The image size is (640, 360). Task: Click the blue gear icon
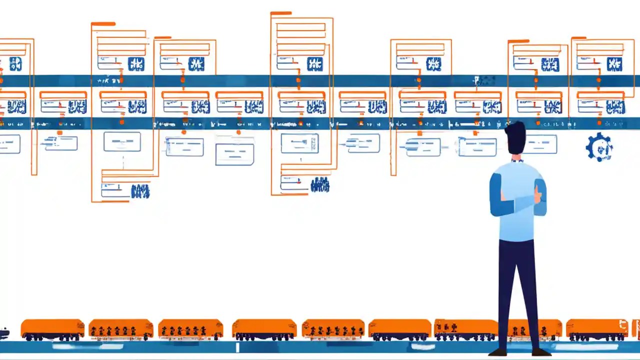tap(599, 147)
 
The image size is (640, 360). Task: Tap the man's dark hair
tap(515, 137)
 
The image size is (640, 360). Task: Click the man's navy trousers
tap(517, 280)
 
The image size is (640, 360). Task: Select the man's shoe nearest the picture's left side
tap(498, 352)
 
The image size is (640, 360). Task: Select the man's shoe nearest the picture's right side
tap(541, 352)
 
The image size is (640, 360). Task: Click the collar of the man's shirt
tap(517, 160)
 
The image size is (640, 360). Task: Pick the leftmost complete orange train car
tap(52, 329)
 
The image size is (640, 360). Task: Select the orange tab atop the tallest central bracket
tap(281, 13)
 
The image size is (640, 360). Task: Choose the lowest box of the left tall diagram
tap(114, 190)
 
